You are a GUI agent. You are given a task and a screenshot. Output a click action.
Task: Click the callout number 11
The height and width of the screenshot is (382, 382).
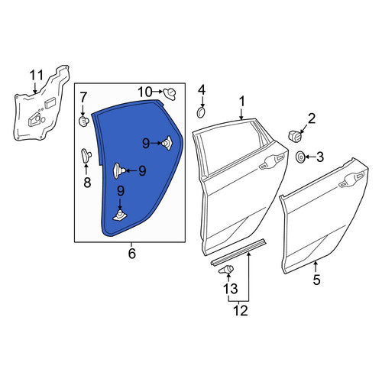coord(37,76)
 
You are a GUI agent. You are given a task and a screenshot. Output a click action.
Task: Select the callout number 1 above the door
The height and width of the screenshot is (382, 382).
coord(241,101)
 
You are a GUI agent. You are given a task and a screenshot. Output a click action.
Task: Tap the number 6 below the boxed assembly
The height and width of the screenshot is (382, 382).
coord(132,254)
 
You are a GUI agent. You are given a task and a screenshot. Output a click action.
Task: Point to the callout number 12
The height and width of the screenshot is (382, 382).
coord(241,310)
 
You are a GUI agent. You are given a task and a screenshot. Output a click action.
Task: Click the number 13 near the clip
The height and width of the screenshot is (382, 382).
coord(231,289)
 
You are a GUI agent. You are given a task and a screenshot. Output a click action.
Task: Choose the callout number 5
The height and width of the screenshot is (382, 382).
coord(316,280)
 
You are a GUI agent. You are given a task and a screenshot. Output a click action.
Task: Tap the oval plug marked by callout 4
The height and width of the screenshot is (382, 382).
coord(201,113)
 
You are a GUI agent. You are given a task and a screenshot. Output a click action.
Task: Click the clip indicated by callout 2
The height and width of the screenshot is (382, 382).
coord(295,136)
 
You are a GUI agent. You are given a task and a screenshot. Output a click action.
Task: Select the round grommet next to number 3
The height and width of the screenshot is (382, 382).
coord(300,157)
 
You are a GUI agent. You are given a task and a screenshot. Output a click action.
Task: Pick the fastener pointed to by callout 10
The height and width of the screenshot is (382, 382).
coord(170,94)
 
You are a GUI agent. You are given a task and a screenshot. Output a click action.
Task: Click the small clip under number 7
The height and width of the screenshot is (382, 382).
coord(83,121)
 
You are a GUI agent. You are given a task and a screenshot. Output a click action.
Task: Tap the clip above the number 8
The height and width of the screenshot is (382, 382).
coord(86,155)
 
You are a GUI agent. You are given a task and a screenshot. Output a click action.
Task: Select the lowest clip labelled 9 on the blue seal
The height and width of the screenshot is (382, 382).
coord(120,215)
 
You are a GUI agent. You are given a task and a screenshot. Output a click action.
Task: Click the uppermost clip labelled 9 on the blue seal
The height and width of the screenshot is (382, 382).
coord(167,143)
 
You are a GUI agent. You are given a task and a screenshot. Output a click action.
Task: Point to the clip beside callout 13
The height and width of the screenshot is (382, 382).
coord(226,269)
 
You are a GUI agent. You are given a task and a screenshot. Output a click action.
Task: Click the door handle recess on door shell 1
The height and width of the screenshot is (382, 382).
coord(271,162)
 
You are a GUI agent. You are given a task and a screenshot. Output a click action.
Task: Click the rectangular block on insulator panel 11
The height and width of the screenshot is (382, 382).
coord(50,102)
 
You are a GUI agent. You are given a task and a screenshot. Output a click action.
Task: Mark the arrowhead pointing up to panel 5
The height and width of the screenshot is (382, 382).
coord(316,263)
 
